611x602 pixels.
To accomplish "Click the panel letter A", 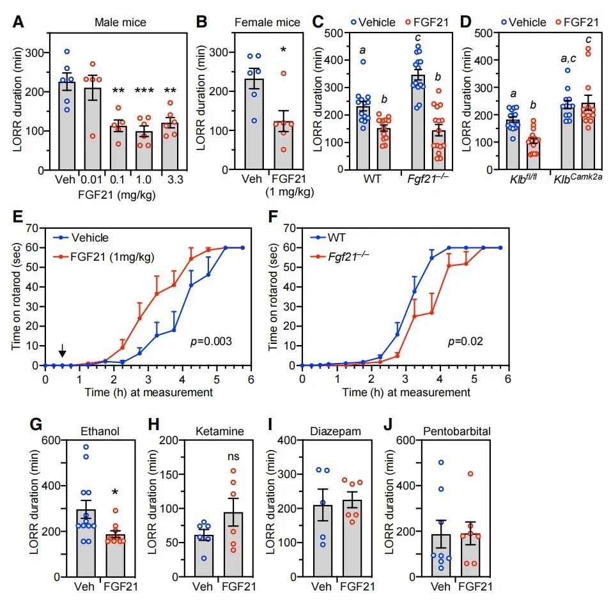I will pyautogui.click(x=19, y=22).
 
